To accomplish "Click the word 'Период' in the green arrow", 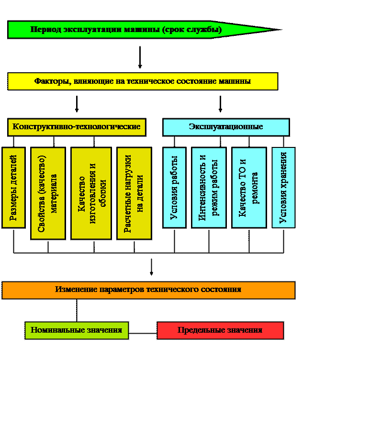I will coord(43,30).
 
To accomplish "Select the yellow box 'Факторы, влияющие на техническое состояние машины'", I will coord(143,81).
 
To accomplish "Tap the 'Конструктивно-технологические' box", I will coord(77,127).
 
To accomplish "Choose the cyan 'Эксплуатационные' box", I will coord(226,127).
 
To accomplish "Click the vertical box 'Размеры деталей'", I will coord(13,188).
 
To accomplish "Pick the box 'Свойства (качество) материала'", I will coord(48,193).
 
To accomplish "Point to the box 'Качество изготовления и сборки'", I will coord(91,193).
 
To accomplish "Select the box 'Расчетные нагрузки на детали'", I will coord(134,193).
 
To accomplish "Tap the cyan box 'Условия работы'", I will coord(174,188).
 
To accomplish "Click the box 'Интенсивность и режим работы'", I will coord(209,188).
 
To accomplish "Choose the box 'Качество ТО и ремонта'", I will coord(249,188).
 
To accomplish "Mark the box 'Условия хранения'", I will coord(283,188).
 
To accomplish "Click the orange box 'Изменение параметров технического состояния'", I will coord(148,290).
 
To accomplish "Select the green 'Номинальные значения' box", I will coord(77,330).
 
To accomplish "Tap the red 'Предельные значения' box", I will coord(220,330).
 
